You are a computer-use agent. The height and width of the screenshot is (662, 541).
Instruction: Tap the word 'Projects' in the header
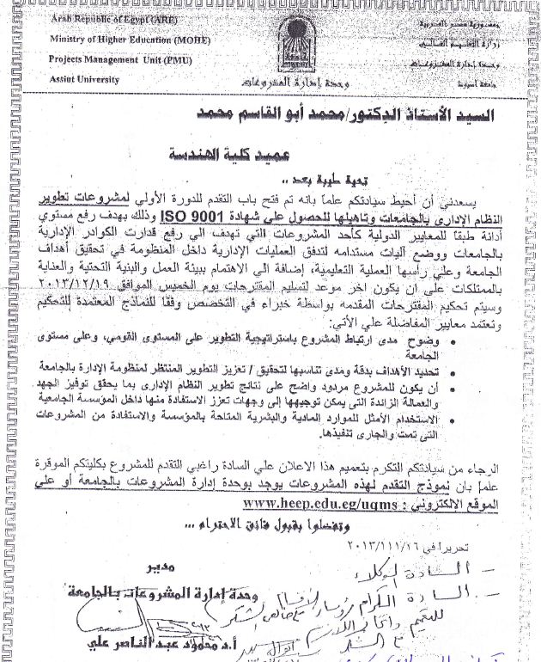pos(70,59)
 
